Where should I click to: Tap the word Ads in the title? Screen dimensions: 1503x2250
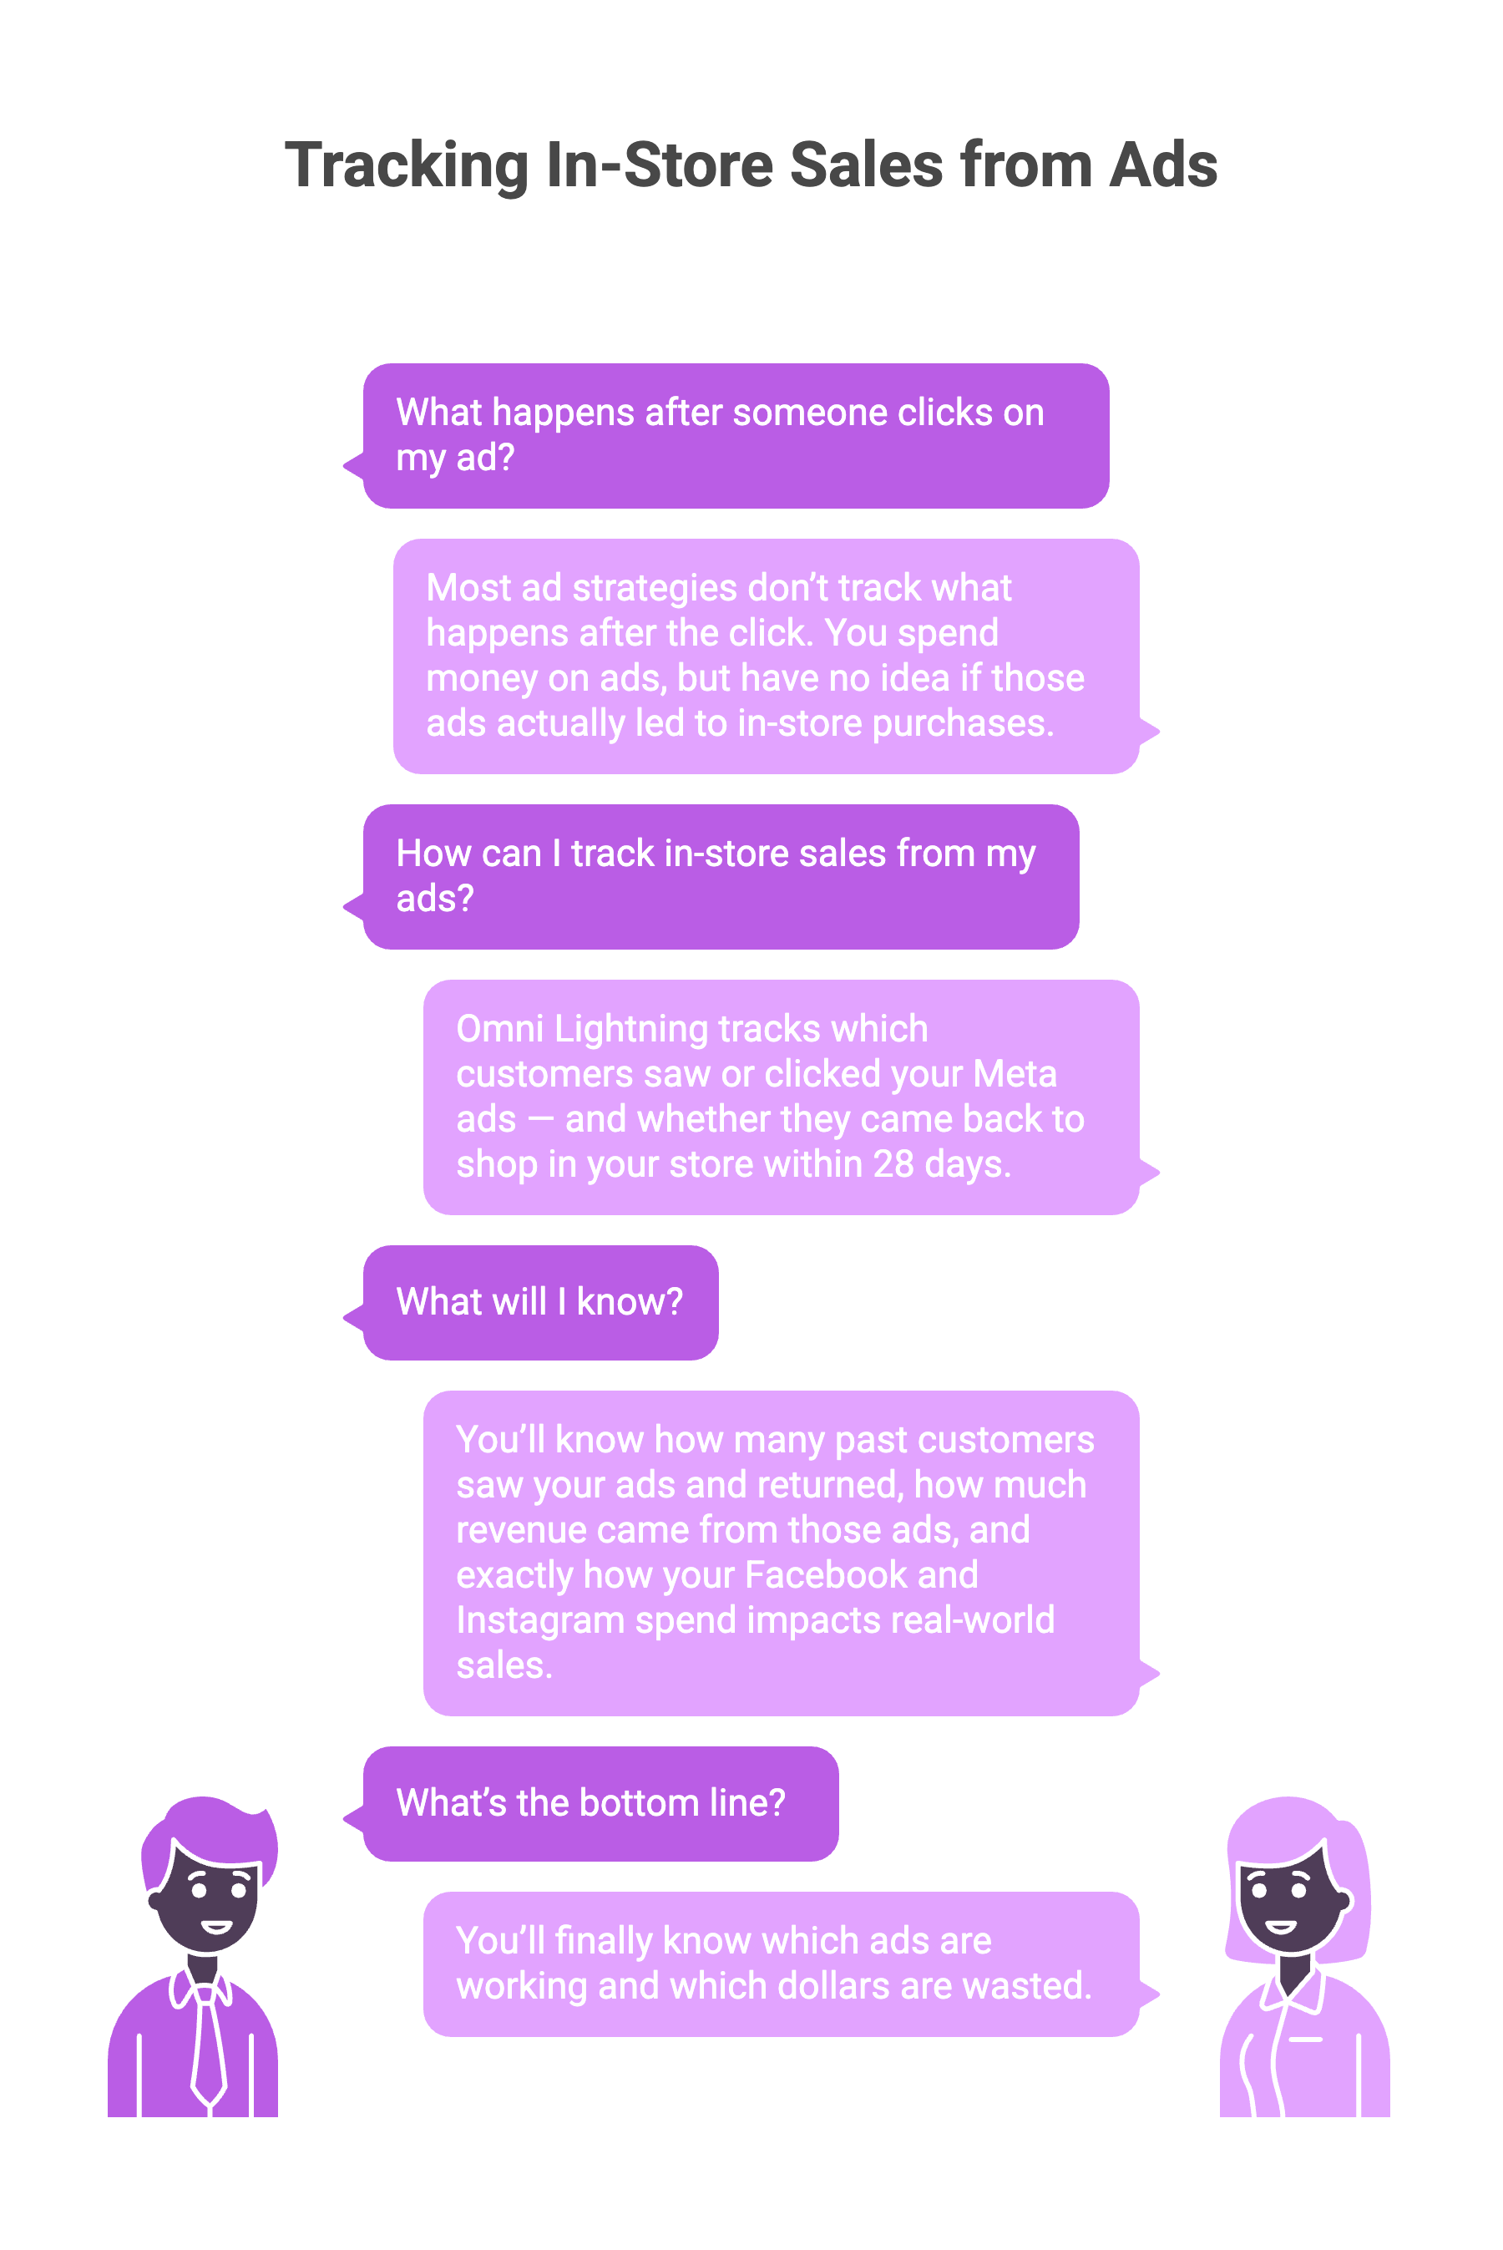pos(1162,165)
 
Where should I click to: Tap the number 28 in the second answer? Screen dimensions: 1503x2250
pos(893,1163)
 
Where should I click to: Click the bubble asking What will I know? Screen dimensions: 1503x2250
pos(540,1302)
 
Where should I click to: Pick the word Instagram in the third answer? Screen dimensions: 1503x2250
pos(539,1620)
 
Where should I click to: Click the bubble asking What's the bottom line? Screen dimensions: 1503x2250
pos(601,1803)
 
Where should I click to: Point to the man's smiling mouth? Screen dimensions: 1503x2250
pos(216,1926)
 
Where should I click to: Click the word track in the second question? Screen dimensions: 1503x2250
pos(613,854)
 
